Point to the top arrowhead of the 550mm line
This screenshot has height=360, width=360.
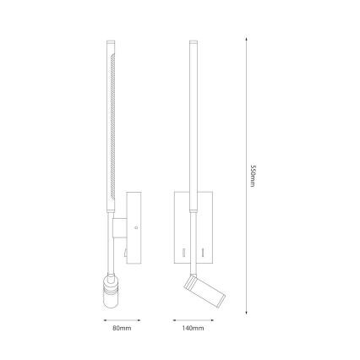pos(246,38)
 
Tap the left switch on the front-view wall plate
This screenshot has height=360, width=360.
pos(182,252)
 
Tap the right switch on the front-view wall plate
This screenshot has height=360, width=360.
pos(204,252)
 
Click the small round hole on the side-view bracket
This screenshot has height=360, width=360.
pos(134,226)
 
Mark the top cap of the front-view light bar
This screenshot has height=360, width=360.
pos(193,41)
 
